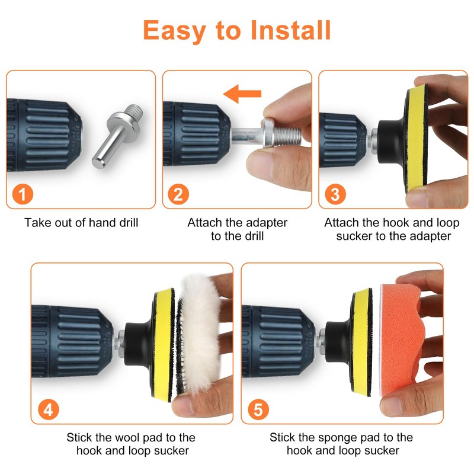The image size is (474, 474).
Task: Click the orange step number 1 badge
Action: [x=21, y=194]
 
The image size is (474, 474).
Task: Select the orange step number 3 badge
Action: [x=334, y=194]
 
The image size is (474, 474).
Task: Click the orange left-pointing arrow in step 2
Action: [x=242, y=93]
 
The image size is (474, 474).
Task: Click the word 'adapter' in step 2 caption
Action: [x=266, y=223]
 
